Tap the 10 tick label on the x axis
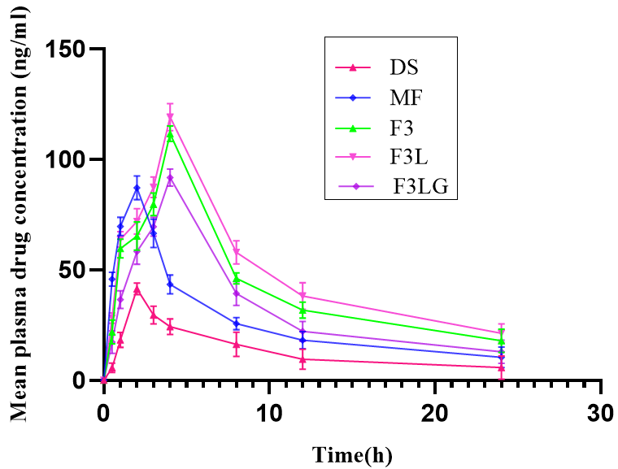point(269,411)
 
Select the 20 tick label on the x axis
point(435,411)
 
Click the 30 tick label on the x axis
point(601,411)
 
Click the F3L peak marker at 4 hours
point(170,118)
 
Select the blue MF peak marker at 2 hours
point(137,188)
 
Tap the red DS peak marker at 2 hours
point(137,289)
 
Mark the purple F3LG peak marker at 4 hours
point(170,178)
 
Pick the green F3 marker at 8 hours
point(237,278)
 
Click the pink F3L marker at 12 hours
point(302,296)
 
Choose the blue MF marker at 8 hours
point(237,324)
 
